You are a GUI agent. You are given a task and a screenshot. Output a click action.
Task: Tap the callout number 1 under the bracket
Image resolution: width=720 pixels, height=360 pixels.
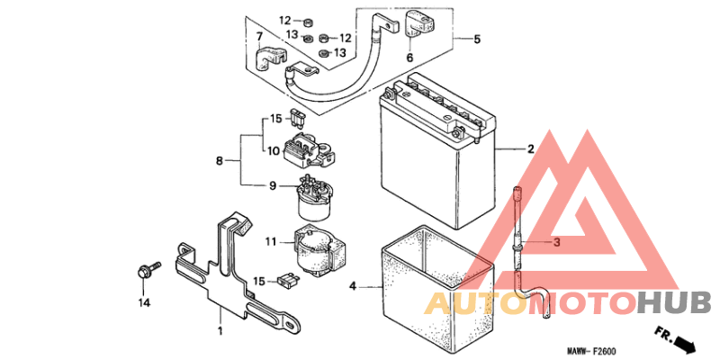(x=220, y=330)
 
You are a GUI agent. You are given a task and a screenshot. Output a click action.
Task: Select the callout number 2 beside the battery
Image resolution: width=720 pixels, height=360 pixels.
(x=530, y=148)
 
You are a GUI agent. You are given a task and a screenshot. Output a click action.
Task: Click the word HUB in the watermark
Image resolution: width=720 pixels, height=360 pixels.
(x=674, y=304)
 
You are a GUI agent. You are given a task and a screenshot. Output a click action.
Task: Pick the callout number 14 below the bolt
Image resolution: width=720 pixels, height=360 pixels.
(x=144, y=302)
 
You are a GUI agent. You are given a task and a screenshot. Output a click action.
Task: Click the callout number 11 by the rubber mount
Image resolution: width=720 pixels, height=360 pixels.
(x=272, y=240)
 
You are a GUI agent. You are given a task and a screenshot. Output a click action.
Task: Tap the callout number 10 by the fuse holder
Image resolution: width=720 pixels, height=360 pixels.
(x=274, y=150)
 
